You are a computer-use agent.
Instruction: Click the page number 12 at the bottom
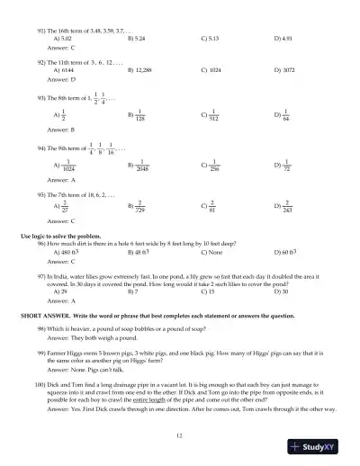pyautogui.click(x=180, y=435)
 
